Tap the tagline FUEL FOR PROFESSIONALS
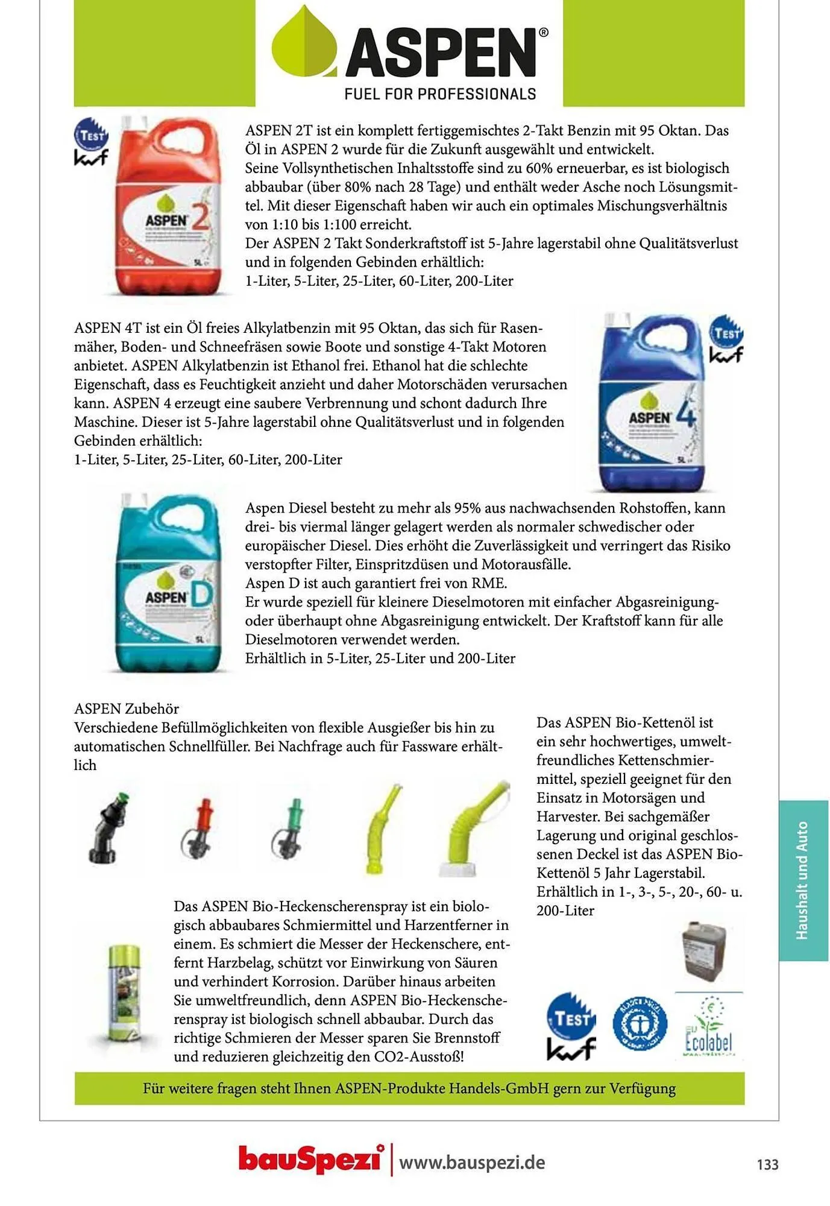tap(440, 94)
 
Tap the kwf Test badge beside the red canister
tap(91, 142)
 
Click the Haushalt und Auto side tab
tap(802, 880)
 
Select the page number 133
tap(767, 1164)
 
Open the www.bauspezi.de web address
tap(472, 1162)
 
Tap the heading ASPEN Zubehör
tap(127, 709)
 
